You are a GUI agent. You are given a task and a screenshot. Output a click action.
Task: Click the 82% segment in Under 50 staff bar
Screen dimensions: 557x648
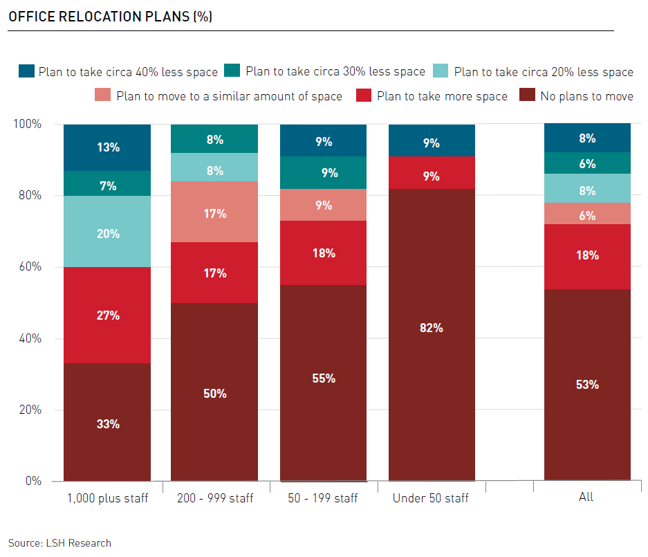click(431, 334)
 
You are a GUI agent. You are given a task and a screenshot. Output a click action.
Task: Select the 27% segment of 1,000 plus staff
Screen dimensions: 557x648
click(107, 315)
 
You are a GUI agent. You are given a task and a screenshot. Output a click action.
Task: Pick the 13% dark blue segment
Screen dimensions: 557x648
click(107, 147)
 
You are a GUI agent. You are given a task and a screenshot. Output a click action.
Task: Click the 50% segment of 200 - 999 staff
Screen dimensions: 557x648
click(214, 393)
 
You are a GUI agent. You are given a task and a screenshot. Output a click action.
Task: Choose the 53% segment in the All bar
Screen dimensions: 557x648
click(586, 384)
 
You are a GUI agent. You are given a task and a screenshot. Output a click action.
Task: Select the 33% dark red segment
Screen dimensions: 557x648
click(107, 423)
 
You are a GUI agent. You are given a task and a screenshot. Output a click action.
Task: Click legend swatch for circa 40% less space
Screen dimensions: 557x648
click(26, 71)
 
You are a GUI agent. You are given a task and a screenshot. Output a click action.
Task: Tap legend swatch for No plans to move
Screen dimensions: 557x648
click(528, 95)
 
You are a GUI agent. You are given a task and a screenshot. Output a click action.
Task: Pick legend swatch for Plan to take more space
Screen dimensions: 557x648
click(364, 95)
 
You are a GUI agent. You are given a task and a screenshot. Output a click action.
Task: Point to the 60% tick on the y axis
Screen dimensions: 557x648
click(28, 267)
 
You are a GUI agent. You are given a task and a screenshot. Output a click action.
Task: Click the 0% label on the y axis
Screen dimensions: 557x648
click(33, 481)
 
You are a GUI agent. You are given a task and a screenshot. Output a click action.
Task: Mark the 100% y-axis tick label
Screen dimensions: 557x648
click(28, 125)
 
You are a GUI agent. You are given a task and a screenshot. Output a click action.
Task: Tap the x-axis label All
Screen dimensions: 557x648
click(586, 497)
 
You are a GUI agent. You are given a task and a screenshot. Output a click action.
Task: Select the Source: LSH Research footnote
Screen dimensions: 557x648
click(59, 542)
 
